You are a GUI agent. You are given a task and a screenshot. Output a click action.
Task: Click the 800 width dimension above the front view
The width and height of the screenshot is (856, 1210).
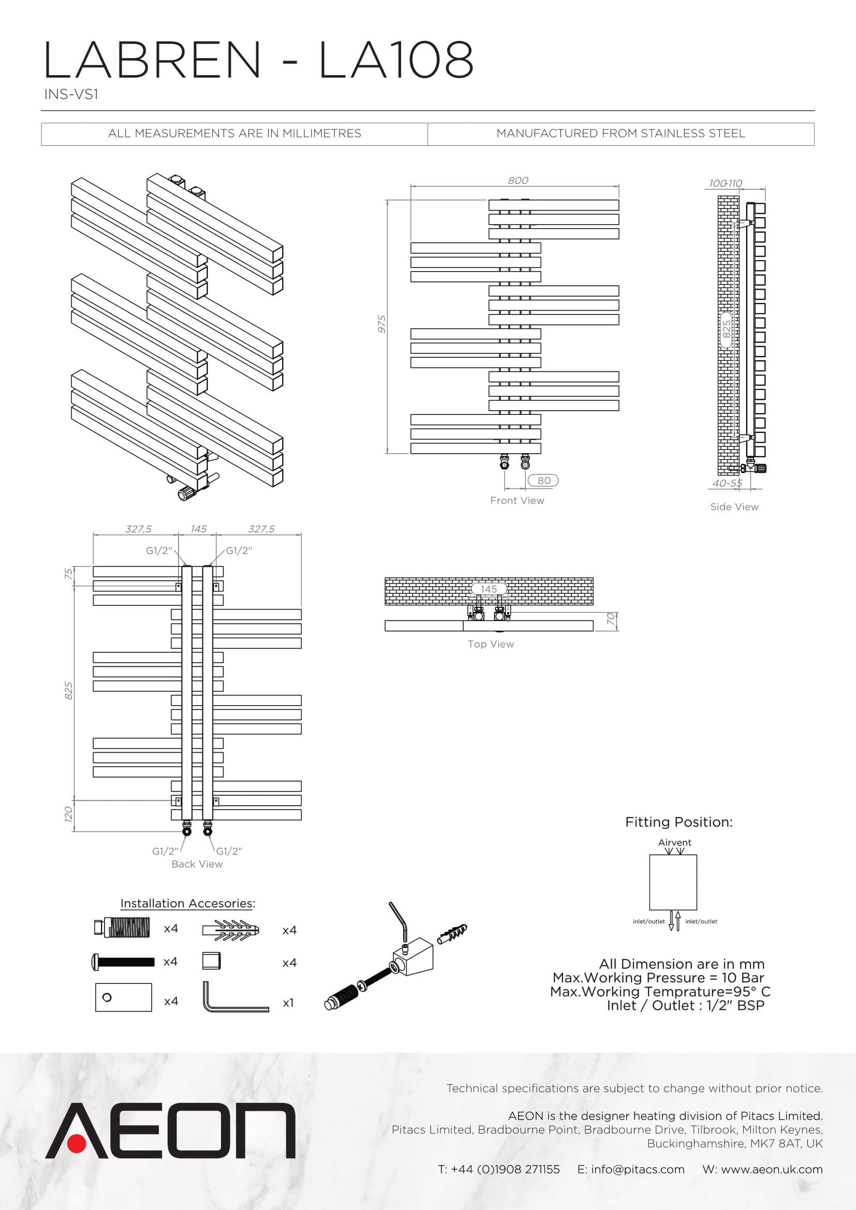coord(518,180)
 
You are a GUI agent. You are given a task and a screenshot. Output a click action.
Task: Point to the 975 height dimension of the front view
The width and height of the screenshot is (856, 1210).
coord(381,324)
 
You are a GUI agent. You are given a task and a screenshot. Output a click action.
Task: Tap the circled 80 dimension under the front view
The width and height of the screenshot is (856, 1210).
coord(543,481)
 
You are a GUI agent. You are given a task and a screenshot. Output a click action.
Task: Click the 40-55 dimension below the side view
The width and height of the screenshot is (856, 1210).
coord(727,483)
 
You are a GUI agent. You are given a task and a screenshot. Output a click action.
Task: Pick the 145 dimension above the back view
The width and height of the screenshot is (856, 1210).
coord(198,529)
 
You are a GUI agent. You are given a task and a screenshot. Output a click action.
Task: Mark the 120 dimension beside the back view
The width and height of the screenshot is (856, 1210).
coord(68,814)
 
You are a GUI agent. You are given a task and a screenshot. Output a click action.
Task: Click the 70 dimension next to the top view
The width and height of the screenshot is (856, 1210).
coord(611,619)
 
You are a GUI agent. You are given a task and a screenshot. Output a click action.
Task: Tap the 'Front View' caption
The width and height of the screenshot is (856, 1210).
coord(517,501)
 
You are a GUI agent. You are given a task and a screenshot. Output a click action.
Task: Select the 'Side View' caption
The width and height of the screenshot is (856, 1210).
coord(734,507)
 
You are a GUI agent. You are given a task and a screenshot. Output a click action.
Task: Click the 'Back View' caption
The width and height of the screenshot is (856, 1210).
coord(197,864)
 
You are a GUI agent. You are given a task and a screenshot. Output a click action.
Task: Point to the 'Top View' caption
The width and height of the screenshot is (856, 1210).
coord(491,644)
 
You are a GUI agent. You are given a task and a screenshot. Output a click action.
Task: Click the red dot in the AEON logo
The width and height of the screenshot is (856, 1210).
coord(78,1141)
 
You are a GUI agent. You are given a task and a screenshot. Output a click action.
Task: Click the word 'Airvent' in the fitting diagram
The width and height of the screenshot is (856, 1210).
coord(674,843)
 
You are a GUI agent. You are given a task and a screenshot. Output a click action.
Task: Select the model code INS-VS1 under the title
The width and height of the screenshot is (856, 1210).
coord(71,94)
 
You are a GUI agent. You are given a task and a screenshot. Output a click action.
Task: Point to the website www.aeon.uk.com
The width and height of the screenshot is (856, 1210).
coord(772,1170)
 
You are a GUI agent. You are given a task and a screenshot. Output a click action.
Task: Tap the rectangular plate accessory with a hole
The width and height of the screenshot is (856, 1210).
coord(123,997)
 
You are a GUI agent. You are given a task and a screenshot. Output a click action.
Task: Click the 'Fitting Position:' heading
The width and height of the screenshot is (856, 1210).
coord(678,822)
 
